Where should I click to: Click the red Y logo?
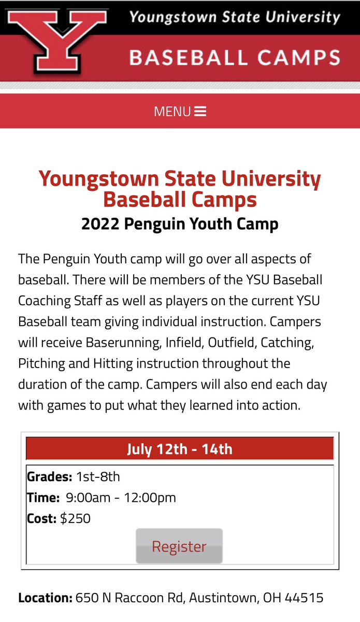click(57, 39)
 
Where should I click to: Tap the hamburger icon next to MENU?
click(200, 111)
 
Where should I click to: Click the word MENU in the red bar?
click(172, 111)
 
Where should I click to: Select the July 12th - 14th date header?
click(180, 448)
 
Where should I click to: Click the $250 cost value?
click(75, 518)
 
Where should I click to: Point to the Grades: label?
click(50, 476)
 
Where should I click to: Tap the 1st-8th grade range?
click(98, 476)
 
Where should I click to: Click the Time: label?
click(44, 498)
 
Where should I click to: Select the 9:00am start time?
click(88, 498)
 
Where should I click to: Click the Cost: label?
click(41, 518)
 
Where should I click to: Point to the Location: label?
click(45, 598)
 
